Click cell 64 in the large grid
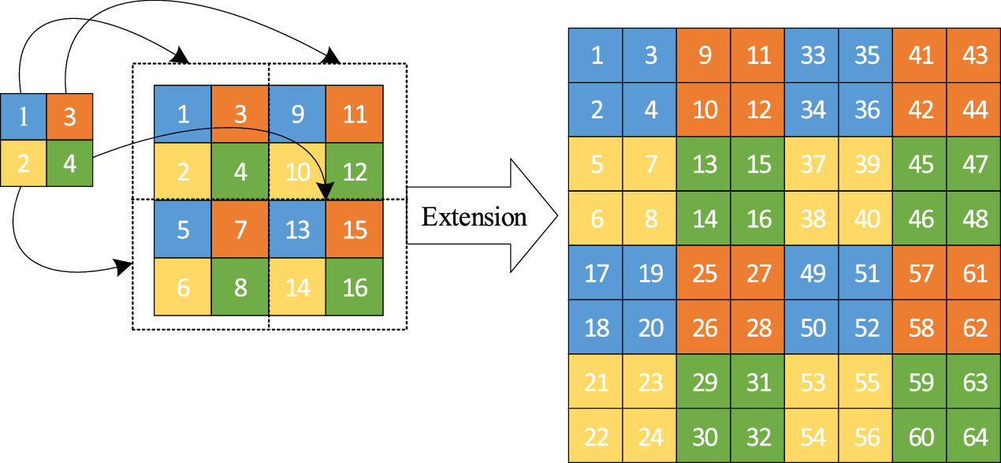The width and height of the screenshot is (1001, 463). (x=974, y=436)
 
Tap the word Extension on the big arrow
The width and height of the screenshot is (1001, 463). (x=474, y=216)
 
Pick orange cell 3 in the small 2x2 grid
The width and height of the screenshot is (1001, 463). (x=69, y=117)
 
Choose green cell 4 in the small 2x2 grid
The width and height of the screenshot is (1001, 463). (x=69, y=163)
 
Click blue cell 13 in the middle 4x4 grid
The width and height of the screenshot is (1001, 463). (x=297, y=230)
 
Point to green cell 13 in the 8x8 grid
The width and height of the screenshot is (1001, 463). (x=704, y=164)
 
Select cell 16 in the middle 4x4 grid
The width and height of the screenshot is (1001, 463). (x=355, y=287)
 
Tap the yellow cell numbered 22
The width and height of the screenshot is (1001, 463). (x=596, y=436)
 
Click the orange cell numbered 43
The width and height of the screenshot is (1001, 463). (x=974, y=55)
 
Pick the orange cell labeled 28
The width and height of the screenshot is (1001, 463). (x=757, y=327)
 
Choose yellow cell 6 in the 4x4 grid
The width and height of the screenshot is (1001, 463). (x=182, y=287)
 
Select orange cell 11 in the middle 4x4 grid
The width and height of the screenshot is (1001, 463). (x=355, y=114)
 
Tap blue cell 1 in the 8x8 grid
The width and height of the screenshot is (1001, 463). (x=596, y=55)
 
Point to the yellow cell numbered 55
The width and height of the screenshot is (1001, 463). (x=866, y=382)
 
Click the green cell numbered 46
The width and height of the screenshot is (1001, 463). (x=920, y=218)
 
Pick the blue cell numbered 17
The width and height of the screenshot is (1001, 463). (x=596, y=273)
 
